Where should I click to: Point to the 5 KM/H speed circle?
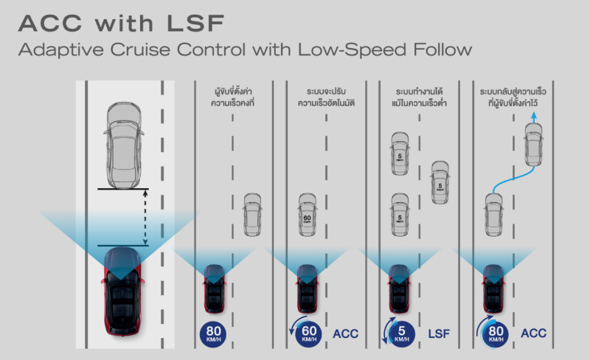point(399,333)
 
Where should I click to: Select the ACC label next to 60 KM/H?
point(346,334)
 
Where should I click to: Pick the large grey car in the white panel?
point(124,145)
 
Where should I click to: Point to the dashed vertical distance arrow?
point(146,218)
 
